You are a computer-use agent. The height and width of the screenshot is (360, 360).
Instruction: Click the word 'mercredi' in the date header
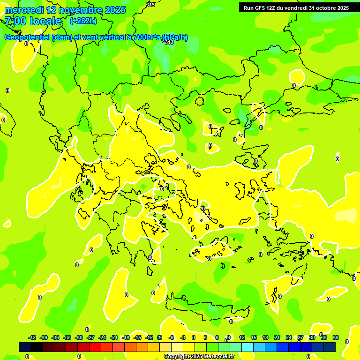tap(23, 10)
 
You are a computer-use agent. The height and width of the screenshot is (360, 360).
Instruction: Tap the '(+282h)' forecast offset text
tap(83, 21)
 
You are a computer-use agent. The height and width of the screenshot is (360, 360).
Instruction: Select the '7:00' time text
tap(15, 21)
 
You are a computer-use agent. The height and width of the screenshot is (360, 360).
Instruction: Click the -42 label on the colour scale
tap(32, 337)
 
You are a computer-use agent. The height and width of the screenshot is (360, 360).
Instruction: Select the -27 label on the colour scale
tap(90, 337)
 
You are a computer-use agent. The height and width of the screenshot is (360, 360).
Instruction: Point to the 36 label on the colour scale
tap(336, 337)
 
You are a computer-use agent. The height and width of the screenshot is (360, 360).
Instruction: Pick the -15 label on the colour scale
tap(137, 337)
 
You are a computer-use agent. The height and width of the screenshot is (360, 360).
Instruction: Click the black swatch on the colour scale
tap(25, 347)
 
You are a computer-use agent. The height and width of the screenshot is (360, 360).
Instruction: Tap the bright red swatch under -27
tap(95, 347)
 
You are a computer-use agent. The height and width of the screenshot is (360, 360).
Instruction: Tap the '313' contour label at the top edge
tap(150, 4)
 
